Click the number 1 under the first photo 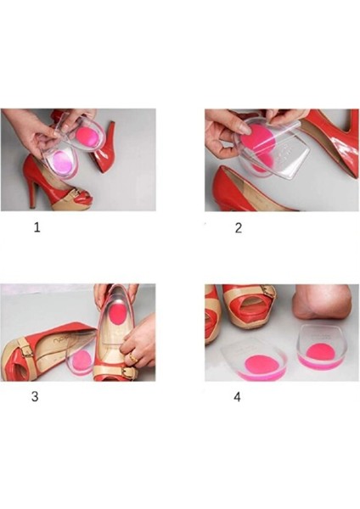click(x=37, y=227)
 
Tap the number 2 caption click(x=239, y=228)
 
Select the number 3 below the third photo click(x=35, y=397)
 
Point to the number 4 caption click(x=237, y=397)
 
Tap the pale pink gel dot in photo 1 click(x=62, y=161)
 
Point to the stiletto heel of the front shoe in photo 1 click(x=32, y=195)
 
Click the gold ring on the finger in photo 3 click(x=132, y=357)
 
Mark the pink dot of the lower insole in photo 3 click(x=80, y=361)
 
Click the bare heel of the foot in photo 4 click(x=320, y=303)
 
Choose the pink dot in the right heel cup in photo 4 click(x=318, y=351)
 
